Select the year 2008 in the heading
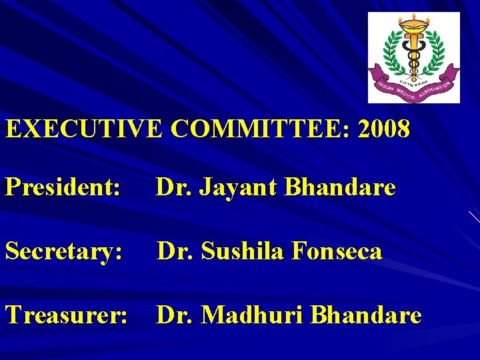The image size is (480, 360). click(x=384, y=129)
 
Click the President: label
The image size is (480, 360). click(x=63, y=188)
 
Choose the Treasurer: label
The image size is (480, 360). click(x=67, y=315)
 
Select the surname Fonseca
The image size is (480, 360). click(x=339, y=251)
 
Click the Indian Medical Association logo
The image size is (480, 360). click(x=414, y=57)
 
